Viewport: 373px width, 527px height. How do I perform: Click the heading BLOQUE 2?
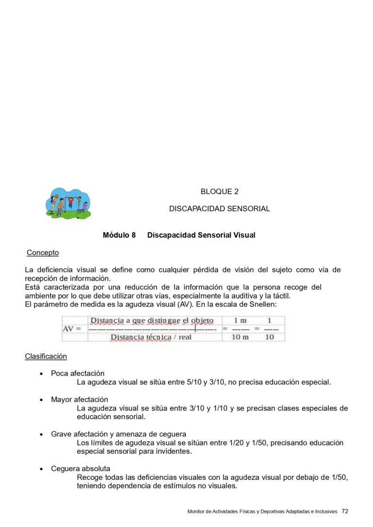pyautogui.click(x=220, y=192)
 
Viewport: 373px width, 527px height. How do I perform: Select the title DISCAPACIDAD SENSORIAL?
pyautogui.click(x=220, y=209)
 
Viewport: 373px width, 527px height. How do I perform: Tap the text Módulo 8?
pyautogui.click(x=119, y=236)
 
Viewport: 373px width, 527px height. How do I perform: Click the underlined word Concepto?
pyautogui.click(x=43, y=253)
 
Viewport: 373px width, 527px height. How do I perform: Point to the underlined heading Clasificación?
pyautogui.click(x=46, y=357)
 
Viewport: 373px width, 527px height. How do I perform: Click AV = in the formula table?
pyautogui.click(x=72, y=329)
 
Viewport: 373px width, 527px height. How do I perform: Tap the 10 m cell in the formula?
pyautogui.click(x=239, y=337)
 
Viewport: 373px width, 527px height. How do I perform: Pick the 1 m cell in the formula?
pyautogui.click(x=240, y=321)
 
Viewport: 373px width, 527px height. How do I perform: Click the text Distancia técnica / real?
pyautogui.click(x=151, y=337)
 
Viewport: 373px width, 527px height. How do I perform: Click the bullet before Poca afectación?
pyautogui.click(x=41, y=374)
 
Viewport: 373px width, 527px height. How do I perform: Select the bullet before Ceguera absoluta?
pyautogui.click(x=41, y=469)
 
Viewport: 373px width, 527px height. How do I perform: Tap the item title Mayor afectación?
pyautogui.click(x=80, y=400)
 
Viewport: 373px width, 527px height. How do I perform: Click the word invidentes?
pyautogui.click(x=173, y=451)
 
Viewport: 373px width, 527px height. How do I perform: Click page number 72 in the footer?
pyautogui.click(x=345, y=511)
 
